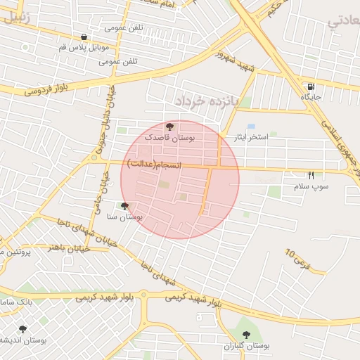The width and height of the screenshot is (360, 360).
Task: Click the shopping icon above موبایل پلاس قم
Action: pyautogui.click(x=84, y=37)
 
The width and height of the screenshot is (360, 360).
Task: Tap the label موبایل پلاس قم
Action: pyautogui.click(x=84, y=47)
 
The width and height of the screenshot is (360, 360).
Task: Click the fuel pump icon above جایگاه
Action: pyautogui.click(x=310, y=88)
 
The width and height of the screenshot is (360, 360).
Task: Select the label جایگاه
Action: pyautogui.click(x=310, y=98)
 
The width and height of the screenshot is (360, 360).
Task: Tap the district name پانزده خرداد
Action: pyautogui.click(x=208, y=101)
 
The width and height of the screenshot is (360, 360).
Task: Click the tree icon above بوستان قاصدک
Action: pyautogui.click(x=169, y=127)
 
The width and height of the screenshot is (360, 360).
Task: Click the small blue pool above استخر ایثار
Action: pyautogui.click(x=251, y=127)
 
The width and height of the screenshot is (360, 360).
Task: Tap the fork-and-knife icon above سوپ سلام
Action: pyautogui.click(x=311, y=175)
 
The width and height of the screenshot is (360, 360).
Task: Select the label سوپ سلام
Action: pyautogui.click(x=311, y=185)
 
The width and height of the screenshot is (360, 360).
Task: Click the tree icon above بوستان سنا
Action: pyautogui.click(x=125, y=207)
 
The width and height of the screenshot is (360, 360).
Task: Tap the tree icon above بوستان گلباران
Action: pyautogui.click(x=246, y=333)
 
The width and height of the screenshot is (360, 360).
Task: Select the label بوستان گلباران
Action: pyautogui.click(x=247, y=346)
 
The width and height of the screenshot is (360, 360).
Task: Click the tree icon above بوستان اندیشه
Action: pyautogui.click(x=22, y=328)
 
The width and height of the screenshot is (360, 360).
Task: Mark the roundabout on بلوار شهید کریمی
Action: pyautogui.click(x=143, y=295)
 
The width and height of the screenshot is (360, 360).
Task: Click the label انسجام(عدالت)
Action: pyautogui.click(x=154, y=164)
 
